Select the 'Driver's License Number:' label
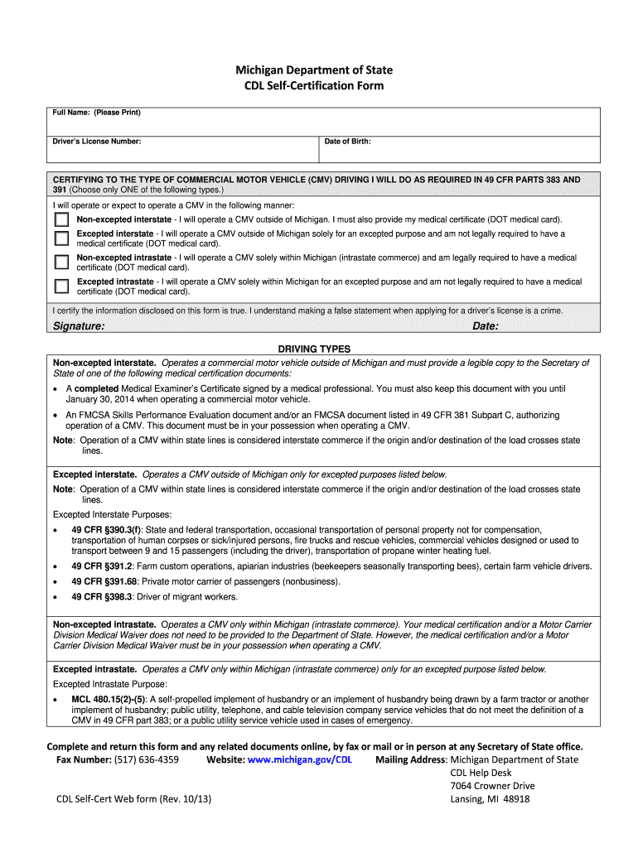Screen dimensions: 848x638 [97, 142]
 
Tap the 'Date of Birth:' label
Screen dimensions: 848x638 [347, 142]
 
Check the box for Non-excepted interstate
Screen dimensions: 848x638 [61, 220]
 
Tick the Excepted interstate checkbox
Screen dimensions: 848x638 [61, 238]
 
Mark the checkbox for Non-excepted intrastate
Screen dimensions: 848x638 [61, 263]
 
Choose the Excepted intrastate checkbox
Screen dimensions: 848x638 [61, 287]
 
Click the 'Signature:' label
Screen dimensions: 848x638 [79, 326]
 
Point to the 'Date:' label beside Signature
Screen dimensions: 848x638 [486, 326]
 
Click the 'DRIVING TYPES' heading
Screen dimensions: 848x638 [314, 349]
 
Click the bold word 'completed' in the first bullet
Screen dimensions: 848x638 [97, 388]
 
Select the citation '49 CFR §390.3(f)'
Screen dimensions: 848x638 [106, 530]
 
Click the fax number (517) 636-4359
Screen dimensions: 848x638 [147, 759]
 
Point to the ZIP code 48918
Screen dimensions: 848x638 [515, 799]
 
